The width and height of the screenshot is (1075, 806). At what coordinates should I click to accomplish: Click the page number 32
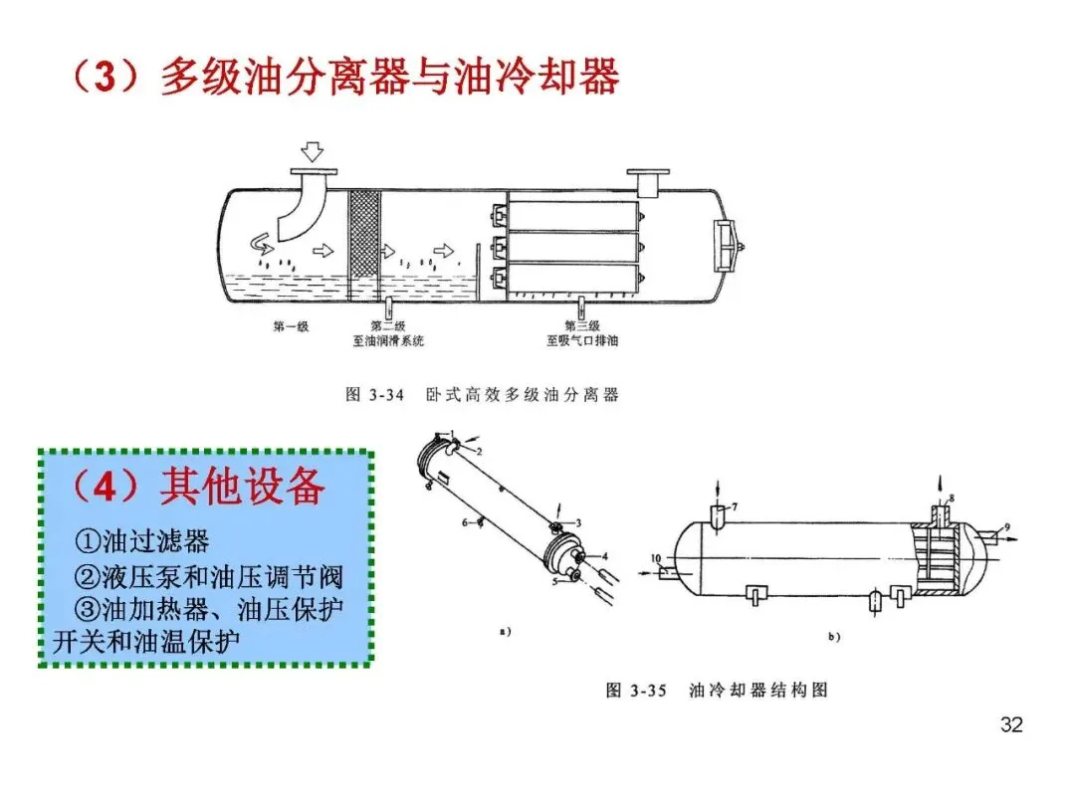tap(1010, 724)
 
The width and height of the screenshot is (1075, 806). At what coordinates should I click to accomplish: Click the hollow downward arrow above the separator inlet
tap(313, 151)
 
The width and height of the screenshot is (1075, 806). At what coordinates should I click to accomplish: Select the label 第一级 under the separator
tap(291, 326)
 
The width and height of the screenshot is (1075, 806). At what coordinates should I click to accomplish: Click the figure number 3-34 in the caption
tap(387, 395)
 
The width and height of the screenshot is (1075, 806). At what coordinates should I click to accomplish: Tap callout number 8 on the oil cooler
tap(950, 497)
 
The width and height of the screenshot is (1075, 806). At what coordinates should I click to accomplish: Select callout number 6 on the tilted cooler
tap(465, 520)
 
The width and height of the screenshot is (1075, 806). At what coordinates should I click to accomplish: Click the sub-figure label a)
tap(505, 631)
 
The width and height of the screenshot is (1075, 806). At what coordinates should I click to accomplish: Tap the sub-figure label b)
tap(834, 636)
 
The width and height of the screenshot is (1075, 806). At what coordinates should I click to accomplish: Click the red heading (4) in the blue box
tap(105, 488)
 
